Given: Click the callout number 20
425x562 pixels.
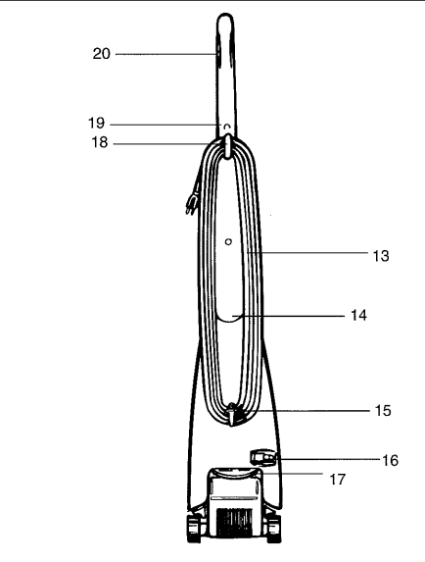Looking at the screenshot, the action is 102,54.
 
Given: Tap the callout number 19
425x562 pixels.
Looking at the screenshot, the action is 97,123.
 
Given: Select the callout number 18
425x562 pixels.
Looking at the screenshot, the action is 100,142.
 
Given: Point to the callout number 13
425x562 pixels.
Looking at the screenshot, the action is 381,256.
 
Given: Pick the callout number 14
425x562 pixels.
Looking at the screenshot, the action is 358,316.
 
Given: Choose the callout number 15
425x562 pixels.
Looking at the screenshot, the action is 383,410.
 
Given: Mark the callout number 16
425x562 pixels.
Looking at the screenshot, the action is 391,460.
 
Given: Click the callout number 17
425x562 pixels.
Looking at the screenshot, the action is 337,480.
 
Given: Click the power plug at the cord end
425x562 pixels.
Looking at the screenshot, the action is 190,206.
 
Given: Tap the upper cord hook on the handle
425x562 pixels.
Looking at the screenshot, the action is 228,145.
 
